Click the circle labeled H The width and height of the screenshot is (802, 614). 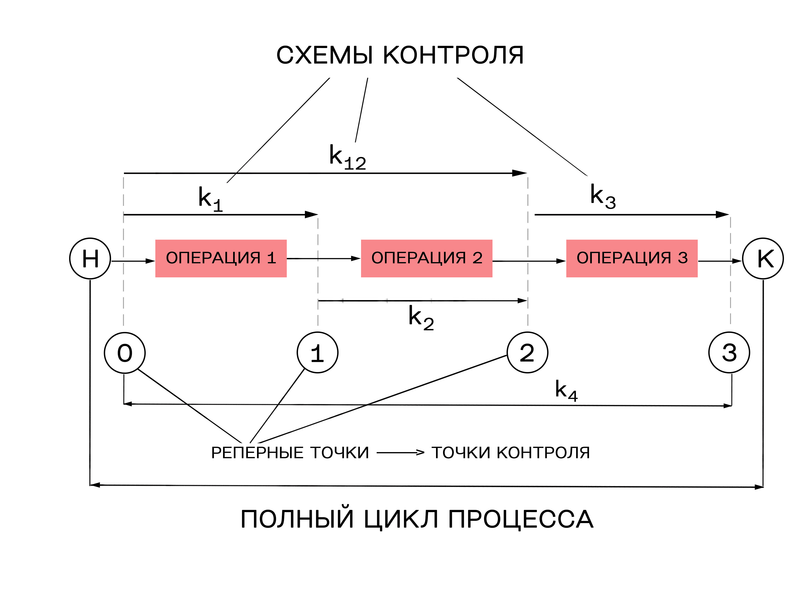(90, 258)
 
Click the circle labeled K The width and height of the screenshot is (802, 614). (763, 258)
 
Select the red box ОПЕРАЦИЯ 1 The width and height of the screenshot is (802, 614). (221, 258)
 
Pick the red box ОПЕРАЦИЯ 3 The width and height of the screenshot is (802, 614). (632, 258)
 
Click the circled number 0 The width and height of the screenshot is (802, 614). (125, 353)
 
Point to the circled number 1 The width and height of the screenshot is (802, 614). (317, 353)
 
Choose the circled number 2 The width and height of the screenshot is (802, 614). (527, 353)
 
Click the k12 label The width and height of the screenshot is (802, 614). (347, 157)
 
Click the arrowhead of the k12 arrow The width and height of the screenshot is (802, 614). (519, 173)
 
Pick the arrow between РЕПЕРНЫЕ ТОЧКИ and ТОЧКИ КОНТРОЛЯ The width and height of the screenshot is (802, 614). (400, 453)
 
